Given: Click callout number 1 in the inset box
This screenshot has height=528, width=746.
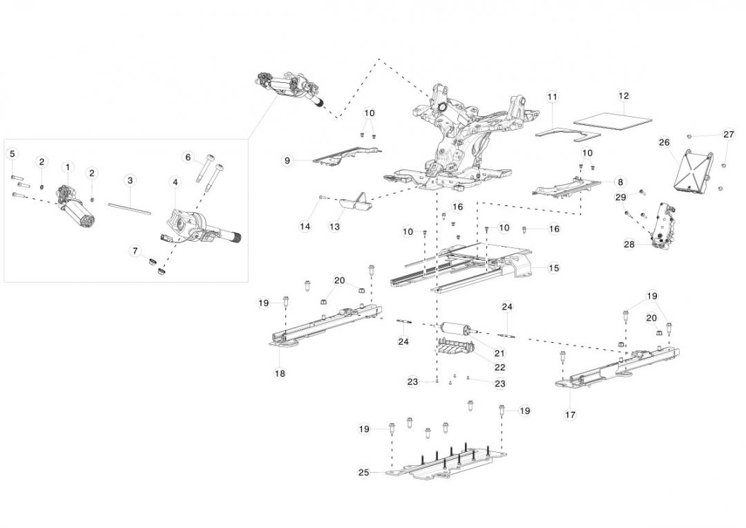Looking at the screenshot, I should pyautogui.click(x=68, y=167).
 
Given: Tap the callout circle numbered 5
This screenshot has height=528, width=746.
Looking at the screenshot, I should pyautogui.click(x=12, y=153).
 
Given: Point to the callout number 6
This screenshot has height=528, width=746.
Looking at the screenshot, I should pyautogui.click(x=188, y=157).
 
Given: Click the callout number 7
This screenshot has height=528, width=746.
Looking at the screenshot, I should pyautogui.click(x=135, y=251).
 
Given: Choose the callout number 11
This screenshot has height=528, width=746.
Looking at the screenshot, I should pyautogui.click(x=552, y=97).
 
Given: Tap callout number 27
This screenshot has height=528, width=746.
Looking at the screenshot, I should pyautogui.click(x=729, y=134).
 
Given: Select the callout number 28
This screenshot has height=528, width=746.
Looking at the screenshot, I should pyautogui.click(x=629, y=244).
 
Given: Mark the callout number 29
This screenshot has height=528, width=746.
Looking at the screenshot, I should pyautogui.click(x=620, y=198).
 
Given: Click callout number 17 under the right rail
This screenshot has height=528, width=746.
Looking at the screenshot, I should pyautogui.click(x=571, y=415).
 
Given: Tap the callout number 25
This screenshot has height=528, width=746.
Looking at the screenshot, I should pyautogui.click(x=363, y=473).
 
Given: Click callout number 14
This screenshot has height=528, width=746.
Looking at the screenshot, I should pyautogui.click(x=305, y=226).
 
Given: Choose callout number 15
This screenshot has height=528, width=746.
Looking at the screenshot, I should pyautogui.click(x=553, y=267).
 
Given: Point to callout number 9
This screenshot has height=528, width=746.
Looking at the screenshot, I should pyautogui.click(x=287, y=160).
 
